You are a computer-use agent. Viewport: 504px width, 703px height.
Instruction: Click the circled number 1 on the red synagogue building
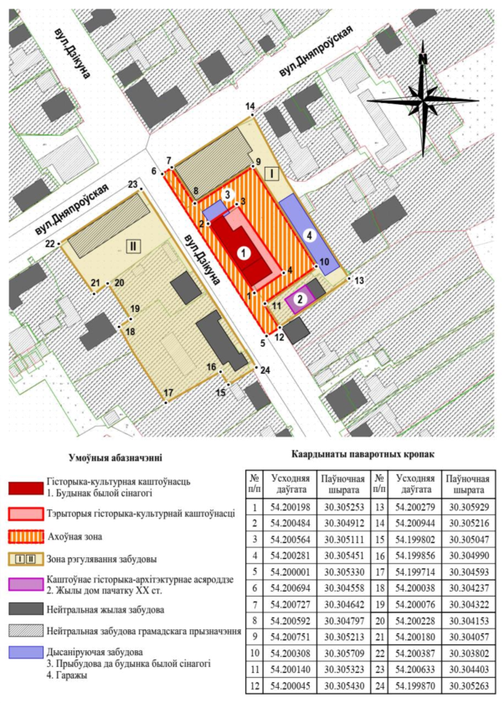[x=244, y=254]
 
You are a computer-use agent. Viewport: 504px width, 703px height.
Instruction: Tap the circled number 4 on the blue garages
[x=309, y=234]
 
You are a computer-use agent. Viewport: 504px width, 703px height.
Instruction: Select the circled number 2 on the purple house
[x=301, y=297]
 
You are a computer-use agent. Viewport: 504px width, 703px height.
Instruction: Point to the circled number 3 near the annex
[x=228, y=195]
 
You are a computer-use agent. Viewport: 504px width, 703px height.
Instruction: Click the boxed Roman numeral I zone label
[x=272, y=173]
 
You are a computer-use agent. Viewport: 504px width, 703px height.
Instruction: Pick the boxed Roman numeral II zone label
[x=133, y=246]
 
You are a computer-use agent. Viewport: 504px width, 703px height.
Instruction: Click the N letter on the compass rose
[x=423, y=59]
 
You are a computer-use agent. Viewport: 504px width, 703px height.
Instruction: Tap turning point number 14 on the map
[x=252, y=116]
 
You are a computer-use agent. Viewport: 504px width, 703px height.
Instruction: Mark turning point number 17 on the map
[x=166, y=402]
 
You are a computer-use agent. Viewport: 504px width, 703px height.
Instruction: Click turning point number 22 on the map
[x=60, y=244]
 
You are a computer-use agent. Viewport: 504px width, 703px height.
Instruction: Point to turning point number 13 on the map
[x=349, y=277]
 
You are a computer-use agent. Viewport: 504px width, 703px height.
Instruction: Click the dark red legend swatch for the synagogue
[x=26, y=488]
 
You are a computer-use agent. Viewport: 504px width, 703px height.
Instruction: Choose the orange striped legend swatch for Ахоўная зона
[x=26, y=536]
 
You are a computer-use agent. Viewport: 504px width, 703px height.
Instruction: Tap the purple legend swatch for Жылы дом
[x=26, y=585]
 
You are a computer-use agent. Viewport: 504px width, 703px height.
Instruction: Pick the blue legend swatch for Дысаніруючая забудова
[x=26, y=653]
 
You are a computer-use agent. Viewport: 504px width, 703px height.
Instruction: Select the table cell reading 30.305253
[x=344, y=508]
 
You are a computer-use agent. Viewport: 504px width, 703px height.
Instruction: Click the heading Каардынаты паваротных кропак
[x=363, y=454]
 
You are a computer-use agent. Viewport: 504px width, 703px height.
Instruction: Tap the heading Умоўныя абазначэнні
[x=116, y=458]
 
